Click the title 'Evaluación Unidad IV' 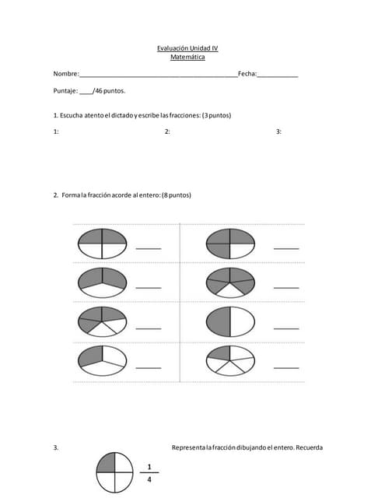click(x=187, y=48)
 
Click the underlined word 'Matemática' click(x=187, y=57)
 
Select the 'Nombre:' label click(x=65, y=74)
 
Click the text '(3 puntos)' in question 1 click(x=216, y=115)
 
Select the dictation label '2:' click(x=167, y=132)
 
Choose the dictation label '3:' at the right click(x=278, y=132)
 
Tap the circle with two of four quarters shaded click(x=102, y=244)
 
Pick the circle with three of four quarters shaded click(x=230, y=244)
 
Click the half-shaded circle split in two click(x=230, y=321)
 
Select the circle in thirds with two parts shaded click(x=102, y=282)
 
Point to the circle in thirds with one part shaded click(x=102, y=359)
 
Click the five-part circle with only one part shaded click(x=230, y=359)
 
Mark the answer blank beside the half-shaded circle click(x=286, y=328)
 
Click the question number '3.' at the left click(x=56, y=447)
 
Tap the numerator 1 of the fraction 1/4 click(x=149, y=467)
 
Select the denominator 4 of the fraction click(x=149, y=480)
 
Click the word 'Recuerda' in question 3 click(x=309, y=447)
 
